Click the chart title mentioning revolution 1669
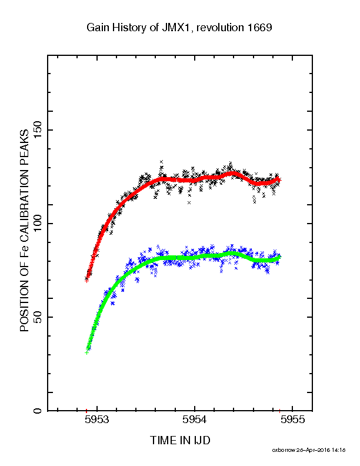click(179, 28)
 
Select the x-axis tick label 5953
click(97, 420)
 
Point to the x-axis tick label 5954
click(195, 420)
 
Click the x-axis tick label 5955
click(292, 420)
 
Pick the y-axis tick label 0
click(38, 411)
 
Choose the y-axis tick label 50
click(38, 317)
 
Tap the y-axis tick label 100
click(38, 224)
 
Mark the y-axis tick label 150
click(38, 130)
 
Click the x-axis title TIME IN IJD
click(180, 440)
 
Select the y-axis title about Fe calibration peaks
click(24, 230)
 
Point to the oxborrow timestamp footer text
click(309, 450)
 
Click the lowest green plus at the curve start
click(86, 352)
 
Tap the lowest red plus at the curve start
click(86, 281)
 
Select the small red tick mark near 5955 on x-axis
click(279, 411)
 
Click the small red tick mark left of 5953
click(86, 411)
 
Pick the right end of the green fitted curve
click(279, 257)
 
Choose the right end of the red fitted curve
click(279, 179)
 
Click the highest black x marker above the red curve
click(161, 162)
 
